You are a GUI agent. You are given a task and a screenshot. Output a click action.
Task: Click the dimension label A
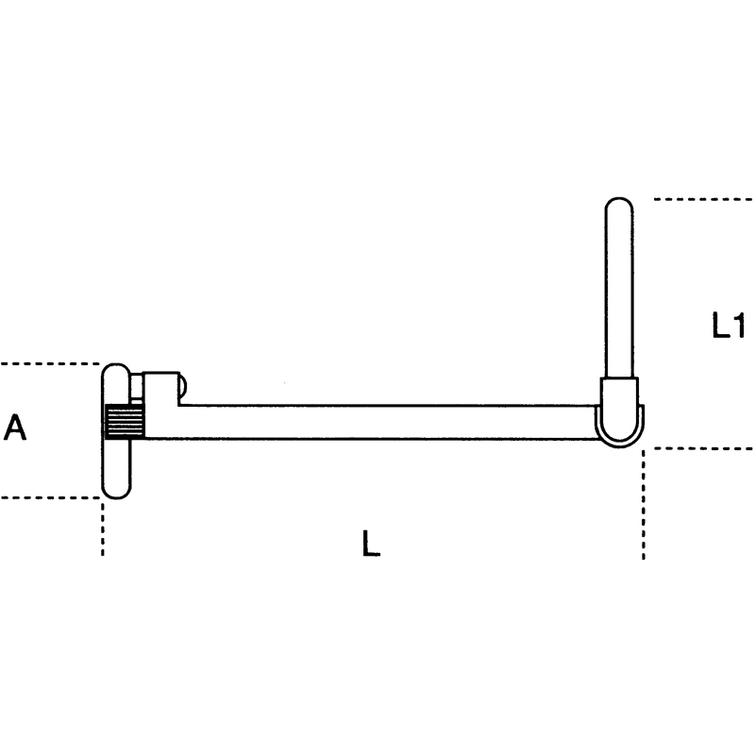click(14, 428)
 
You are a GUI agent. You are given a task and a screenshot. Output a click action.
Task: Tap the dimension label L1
click(729, 325)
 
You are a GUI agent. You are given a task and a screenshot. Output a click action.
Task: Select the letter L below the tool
click(371, 544)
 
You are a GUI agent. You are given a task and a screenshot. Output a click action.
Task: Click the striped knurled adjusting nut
click(125, 421)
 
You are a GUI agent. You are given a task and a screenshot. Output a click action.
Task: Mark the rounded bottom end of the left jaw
click(116, 495)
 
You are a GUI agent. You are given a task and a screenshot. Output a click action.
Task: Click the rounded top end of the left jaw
click(115, 366)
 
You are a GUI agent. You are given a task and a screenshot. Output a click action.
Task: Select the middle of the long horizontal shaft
click(371, 422)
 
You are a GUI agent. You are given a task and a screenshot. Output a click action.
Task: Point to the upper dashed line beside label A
click(50, 363)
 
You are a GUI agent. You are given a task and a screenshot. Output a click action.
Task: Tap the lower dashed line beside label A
click(50, 497)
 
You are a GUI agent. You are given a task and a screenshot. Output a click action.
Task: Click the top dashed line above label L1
click(703, 199)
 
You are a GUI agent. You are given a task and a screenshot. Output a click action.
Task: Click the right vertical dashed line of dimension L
click(644, 505)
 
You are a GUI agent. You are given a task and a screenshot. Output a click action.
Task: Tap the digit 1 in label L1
click(739, 325)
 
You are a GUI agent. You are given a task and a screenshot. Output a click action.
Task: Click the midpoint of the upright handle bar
click(619, 288)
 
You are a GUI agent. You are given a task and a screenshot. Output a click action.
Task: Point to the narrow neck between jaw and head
click(136, 388)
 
